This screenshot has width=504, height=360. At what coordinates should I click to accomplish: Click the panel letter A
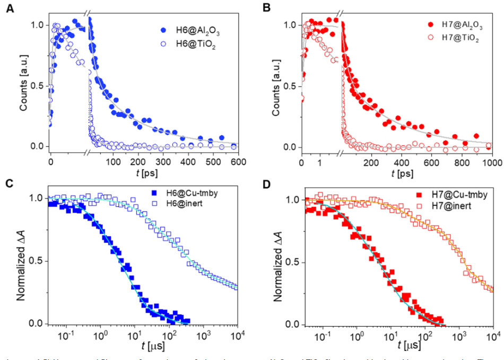9,10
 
